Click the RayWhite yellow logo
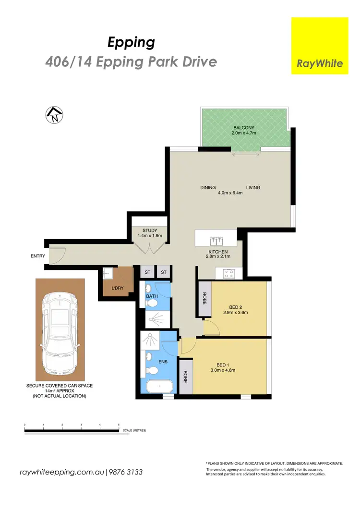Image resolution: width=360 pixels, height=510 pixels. tap(320, 46)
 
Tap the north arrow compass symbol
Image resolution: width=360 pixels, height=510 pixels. tap(54, 115)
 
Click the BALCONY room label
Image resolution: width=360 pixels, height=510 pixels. tap(247, 128)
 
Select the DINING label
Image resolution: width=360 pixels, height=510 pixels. tap(208, 188)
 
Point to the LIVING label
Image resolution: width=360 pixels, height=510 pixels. tap(253, 188)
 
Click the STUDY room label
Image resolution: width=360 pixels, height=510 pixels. tap(150, 231)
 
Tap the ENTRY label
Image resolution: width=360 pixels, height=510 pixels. tap(37, 256)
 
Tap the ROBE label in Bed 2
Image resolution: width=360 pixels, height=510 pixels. tap(204, 300)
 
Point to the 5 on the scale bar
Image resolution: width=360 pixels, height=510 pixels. tap(119, 425)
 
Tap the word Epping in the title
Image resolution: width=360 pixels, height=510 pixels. tap(131, 43)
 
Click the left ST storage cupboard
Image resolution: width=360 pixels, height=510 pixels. tap(148, 273)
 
